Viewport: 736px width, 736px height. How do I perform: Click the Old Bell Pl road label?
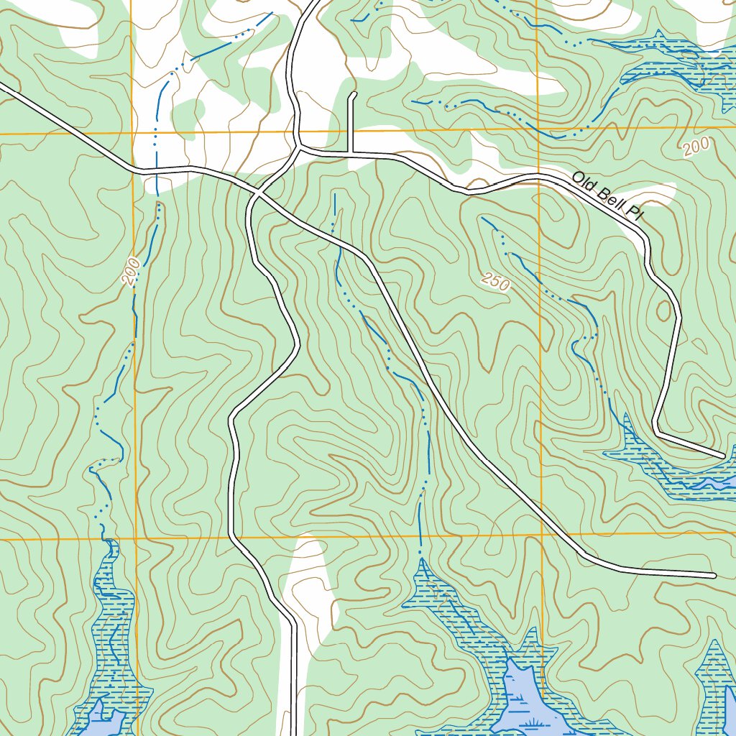(x=607, y=193)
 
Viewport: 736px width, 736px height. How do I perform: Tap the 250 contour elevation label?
(x=496, y=282)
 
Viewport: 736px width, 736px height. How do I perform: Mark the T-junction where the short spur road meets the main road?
(x=351, y=152)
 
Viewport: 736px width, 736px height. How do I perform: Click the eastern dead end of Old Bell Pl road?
(x=722, y=456)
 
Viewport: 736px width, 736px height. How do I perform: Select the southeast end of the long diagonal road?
(x=713, y=575)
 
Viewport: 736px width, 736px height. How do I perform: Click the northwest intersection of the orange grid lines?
(x=132, y=134)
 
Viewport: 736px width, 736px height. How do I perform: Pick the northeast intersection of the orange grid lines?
(x=539, y=129)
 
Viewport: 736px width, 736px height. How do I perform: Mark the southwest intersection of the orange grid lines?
(x=136, y=538)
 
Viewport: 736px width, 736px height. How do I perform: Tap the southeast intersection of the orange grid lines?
(x=541, y=534)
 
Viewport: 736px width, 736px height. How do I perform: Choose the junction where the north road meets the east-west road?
(x=299, y=150)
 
